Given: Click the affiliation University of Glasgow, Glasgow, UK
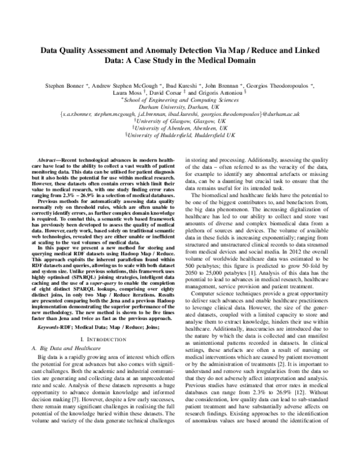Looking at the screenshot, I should click(180, 119).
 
